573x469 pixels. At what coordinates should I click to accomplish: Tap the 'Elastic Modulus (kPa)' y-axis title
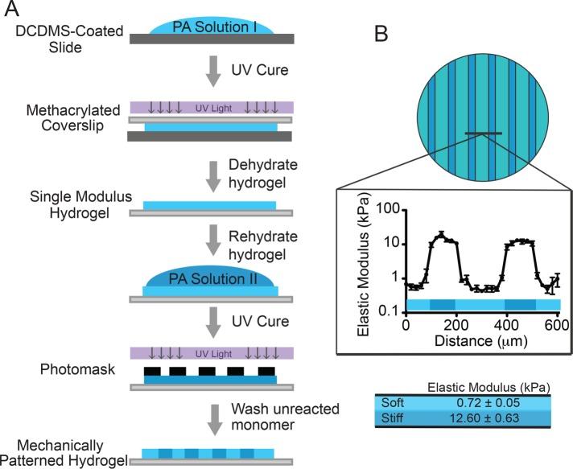pos(362,257)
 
